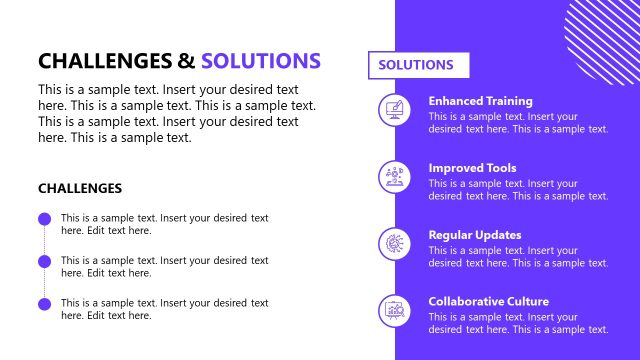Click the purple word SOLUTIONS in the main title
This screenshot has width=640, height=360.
[x=261, y=60]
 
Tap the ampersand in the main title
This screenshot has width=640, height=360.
[x=187, y=60]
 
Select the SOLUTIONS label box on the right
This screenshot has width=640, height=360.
[x=419, y=65]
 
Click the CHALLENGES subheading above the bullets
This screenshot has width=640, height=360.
[x=80, y=188]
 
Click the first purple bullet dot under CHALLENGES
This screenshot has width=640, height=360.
[x=44, y=219]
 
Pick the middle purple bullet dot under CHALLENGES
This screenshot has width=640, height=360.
[x=44, y=261]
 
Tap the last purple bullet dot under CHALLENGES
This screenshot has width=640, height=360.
[x=44, y=303]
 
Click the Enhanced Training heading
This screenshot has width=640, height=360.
[x=480, y=101]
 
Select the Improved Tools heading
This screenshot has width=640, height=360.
[x=472, y=168]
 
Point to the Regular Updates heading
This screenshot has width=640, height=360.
[x=475, y=235]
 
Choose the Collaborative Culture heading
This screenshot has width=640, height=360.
[x=488, y=301]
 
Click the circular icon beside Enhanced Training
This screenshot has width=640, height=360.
[x=394, y=110]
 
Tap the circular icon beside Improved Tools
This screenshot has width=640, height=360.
[x=394, y=177]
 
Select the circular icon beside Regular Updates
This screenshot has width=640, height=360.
[x=394, y=244]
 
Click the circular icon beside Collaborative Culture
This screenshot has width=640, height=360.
[x=394, y=310]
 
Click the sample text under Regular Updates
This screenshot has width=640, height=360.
[x=518, y=257]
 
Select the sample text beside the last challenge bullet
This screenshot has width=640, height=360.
[x=164, y=309]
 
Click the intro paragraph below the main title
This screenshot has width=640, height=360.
[x=176, y=113]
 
